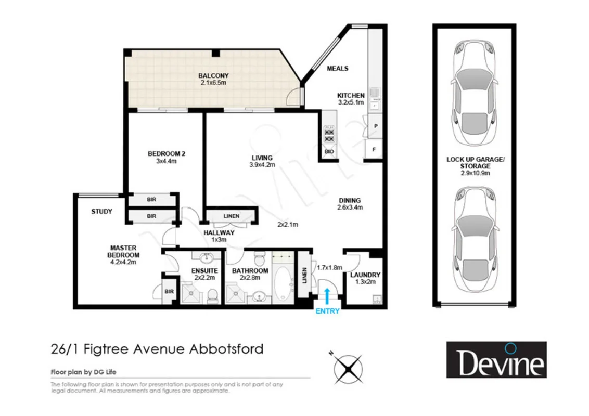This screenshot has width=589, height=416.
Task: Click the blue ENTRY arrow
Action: point(327,297)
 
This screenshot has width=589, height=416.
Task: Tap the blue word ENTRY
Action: point(327,311)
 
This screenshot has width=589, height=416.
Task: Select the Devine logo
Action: point(496,359)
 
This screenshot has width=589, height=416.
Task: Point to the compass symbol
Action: point(348,368)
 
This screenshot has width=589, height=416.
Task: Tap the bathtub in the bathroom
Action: point(283,283)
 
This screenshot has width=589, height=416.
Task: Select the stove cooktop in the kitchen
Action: point(329,136)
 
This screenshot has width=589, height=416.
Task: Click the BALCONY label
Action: point(213,76)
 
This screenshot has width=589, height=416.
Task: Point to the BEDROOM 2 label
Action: point(167,153)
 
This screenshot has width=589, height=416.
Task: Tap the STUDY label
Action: point(101,212)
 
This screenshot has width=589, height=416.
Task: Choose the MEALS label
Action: point(337,69)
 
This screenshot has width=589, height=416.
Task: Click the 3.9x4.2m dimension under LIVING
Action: point(262,165)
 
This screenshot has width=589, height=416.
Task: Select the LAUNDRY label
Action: point(365,275)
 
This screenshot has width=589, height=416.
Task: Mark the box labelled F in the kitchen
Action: point(374,149)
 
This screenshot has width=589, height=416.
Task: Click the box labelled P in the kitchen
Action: point(375,126)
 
